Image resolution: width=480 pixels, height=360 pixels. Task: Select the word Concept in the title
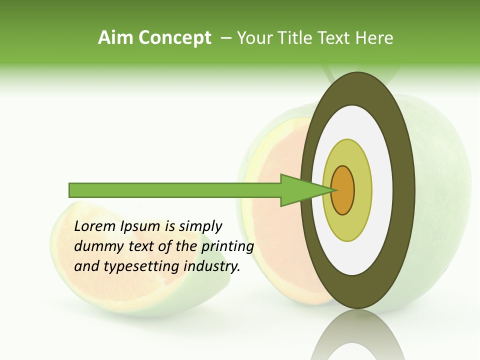(x=174, y=38)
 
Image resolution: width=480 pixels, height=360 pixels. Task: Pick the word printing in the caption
(x=227, y=246)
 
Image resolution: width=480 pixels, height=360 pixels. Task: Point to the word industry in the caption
(x=212, y=266)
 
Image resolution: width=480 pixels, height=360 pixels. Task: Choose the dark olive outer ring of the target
(x=404, y=190)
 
